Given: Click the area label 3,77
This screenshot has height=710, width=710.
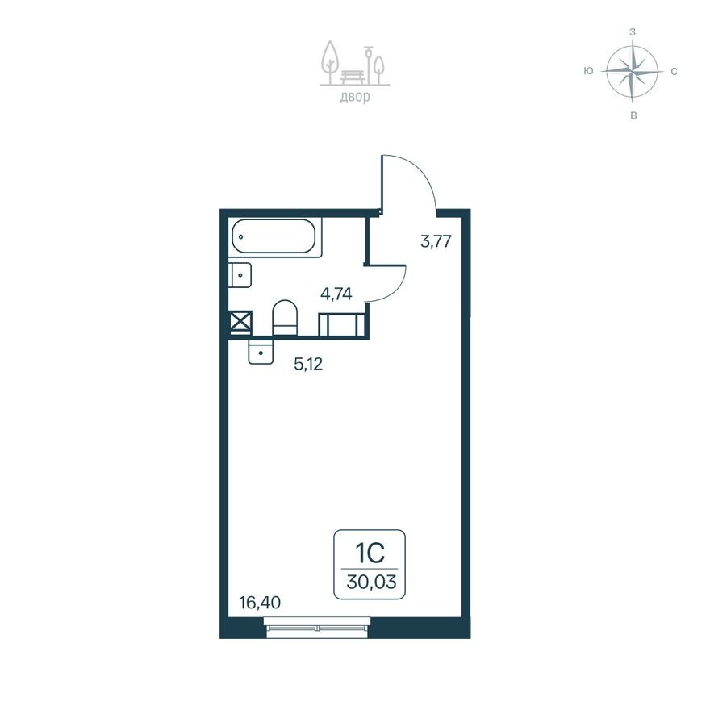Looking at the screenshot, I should [x=435, y=240].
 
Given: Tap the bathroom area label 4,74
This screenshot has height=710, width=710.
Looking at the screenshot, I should [x=336, y=294].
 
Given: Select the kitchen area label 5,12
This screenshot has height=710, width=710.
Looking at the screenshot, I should [x=307, y=364].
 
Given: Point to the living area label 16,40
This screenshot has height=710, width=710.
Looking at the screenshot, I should [x=259, y=602].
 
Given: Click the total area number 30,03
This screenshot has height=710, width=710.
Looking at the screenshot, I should [x=370, y=582].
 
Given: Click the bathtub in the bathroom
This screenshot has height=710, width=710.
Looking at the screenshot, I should [x=275, y=237].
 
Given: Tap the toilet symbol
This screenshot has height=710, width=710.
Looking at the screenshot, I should [x=285, y=317].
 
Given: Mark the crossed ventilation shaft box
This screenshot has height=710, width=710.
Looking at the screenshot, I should [x=240, y=323].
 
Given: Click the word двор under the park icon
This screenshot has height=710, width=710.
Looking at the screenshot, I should [x=354, y=98].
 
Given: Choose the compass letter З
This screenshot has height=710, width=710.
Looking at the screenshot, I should [x=633, y=32].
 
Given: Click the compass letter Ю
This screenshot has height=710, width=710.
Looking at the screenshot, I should [x=589, y=71].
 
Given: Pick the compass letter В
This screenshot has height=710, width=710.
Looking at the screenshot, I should [x=633, y=116].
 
